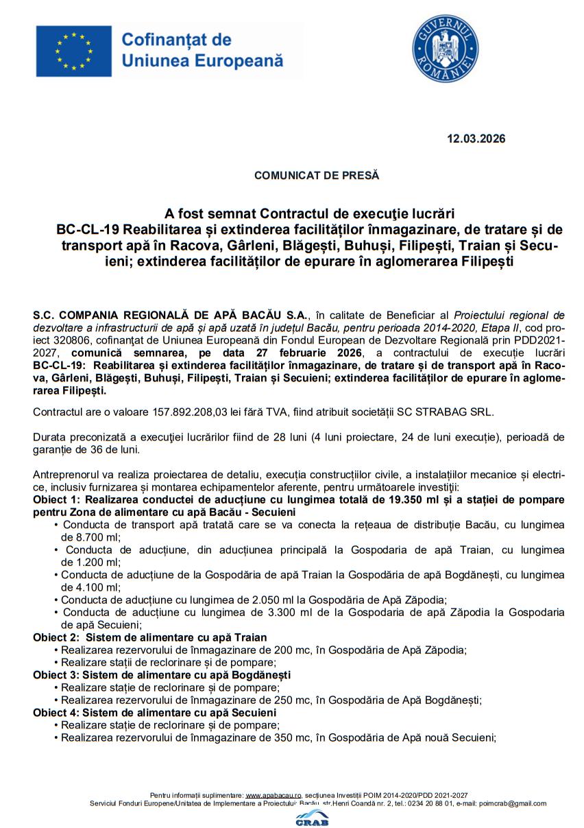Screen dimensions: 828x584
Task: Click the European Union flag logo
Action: point(74,52)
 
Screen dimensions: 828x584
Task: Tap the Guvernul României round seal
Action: point(445,49)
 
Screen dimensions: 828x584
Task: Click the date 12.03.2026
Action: point(476,139)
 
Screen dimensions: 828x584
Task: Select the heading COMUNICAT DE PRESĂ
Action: point(316,176)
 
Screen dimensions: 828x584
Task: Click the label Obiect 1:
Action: point(56,499)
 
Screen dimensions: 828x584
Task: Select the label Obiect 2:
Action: point(56,637)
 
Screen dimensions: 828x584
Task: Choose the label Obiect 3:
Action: point(56,675)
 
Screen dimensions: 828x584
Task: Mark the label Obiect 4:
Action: point(56,713)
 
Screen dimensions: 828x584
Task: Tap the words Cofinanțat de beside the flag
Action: point(176,40)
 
